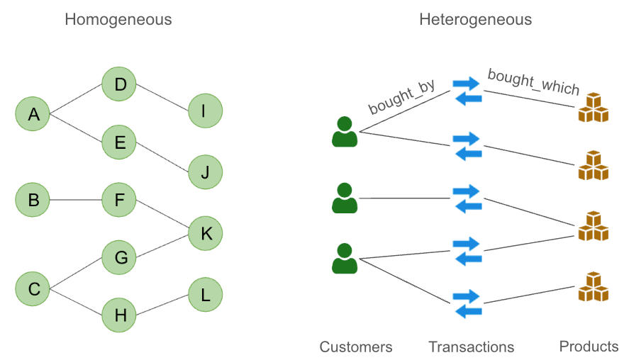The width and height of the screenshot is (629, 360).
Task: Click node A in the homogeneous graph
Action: pos(33,113)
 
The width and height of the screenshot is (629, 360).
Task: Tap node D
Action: pos(120,85)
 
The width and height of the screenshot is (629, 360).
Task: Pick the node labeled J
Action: pos(206,171)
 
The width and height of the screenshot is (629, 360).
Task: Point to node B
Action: pos(33,200)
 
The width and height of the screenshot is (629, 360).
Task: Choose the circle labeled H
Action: pos(120,315)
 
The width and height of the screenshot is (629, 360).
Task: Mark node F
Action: pos(120,200)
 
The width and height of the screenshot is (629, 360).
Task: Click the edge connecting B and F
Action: pos(76,200)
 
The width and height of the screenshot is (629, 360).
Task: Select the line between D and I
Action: pos(163,99)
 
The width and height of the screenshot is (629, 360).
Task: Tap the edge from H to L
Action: pos(163,305)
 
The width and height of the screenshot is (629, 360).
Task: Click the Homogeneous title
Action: pos(118,19)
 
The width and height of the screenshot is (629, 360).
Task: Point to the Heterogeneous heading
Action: pos(475,19)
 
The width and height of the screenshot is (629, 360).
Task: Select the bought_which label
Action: pos(533,82)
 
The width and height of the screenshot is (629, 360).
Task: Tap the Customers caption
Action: pos(355,347)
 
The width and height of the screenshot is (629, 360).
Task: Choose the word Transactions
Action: pos(471,347)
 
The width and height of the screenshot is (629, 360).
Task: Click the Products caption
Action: pos(589,346)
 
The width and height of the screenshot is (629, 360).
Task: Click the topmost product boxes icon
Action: pos(594,108)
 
